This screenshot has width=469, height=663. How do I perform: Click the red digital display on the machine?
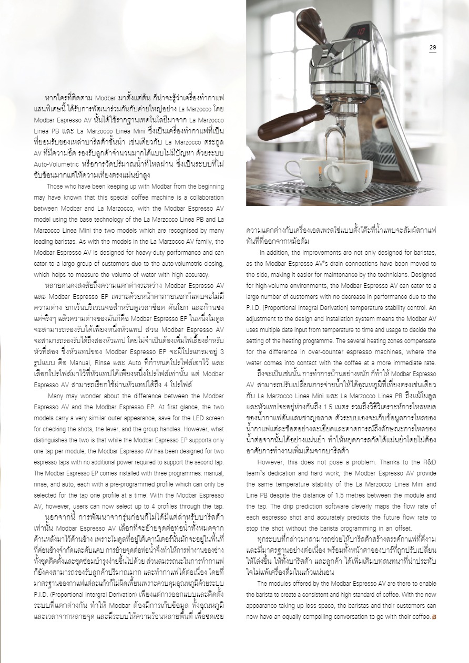(x=361, y=32)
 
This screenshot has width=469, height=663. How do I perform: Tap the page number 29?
(x=432, y=48)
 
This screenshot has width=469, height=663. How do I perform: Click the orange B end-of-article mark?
(x=434, y=617)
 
